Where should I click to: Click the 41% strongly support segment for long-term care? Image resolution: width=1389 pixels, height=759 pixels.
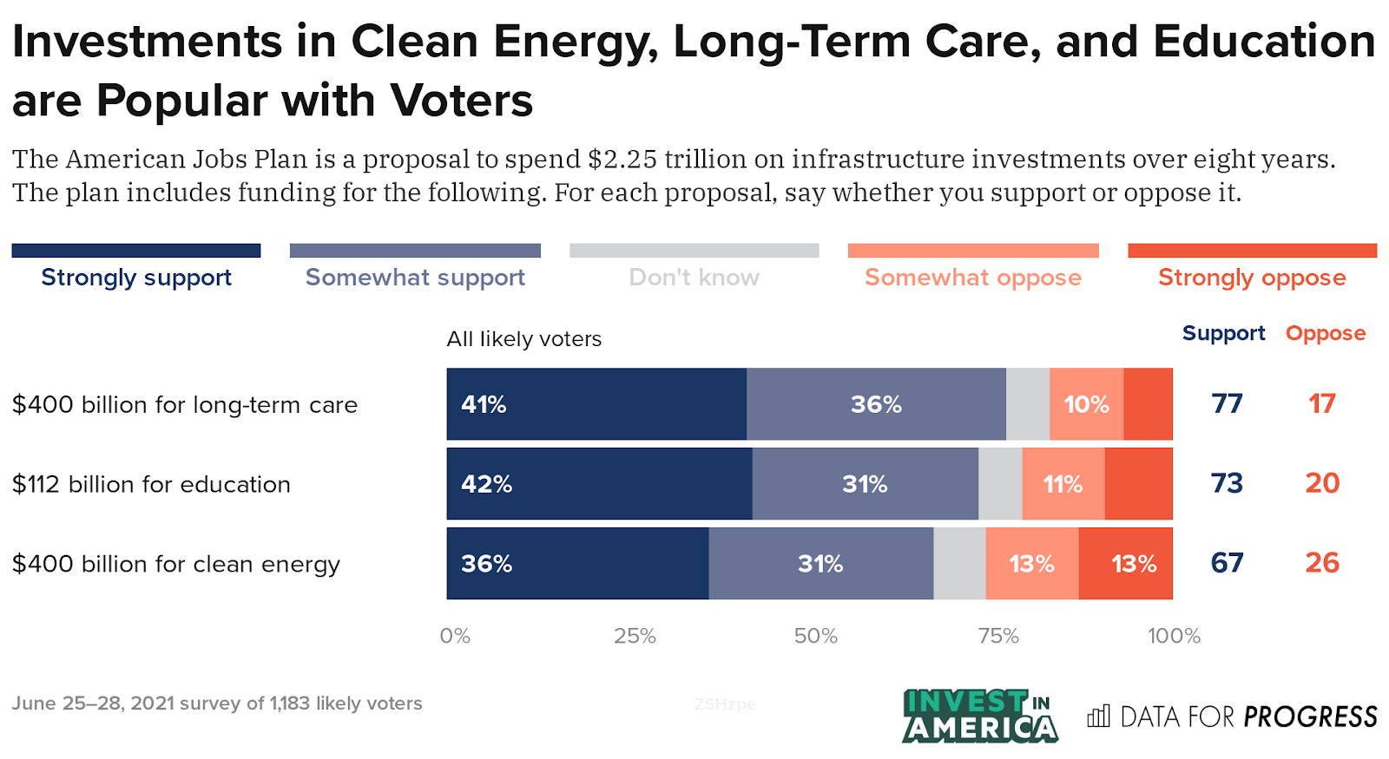pos(596,404)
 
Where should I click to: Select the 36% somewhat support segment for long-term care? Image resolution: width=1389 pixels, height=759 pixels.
pos(876,404)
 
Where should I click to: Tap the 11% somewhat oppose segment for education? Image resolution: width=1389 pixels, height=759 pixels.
pos(1063,484)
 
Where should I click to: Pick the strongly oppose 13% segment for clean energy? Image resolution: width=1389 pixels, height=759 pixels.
pos(1126,564)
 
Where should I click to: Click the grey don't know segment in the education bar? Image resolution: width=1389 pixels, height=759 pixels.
pos(1000,484)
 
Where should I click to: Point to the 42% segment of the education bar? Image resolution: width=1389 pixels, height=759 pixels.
pos(599,484)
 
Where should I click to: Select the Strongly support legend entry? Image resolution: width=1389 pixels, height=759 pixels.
pos(136,278)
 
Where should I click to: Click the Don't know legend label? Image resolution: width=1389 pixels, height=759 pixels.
pos(694,278)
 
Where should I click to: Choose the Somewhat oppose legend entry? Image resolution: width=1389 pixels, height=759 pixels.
pos(973,278)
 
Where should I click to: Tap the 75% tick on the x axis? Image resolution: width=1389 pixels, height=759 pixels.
pos(998,636)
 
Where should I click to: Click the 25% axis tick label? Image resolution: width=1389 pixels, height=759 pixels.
pos(635,636)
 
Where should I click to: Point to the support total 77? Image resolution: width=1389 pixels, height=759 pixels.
pos(1227,404)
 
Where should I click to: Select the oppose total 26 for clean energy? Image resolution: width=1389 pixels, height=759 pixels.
pos(1322,563)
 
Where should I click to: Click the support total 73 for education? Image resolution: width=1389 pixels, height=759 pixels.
pos(1227,483)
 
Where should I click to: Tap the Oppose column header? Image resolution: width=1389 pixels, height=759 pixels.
pos(1325,333)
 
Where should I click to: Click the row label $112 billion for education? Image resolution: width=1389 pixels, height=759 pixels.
pos(151,484)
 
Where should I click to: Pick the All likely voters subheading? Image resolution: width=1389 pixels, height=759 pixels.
pos(523,339)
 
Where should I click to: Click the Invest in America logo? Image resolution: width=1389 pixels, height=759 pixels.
pos(979,716)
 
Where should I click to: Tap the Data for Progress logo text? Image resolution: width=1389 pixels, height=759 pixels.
pos(1247,716)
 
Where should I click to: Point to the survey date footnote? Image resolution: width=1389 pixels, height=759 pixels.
pos(217,703)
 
